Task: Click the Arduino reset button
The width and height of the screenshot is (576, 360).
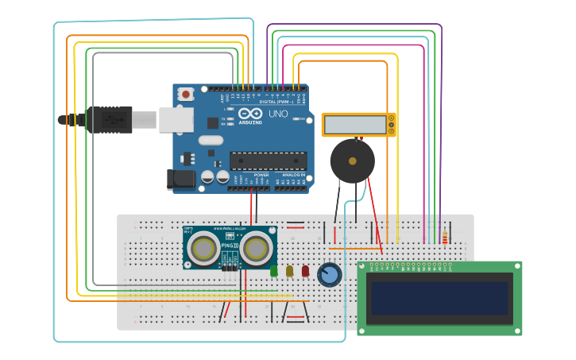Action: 186,95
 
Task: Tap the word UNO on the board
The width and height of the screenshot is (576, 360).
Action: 278,114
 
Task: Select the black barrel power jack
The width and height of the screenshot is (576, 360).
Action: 181,180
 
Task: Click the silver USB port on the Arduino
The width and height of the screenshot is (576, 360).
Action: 176,119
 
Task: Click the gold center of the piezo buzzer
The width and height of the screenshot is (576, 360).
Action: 352,161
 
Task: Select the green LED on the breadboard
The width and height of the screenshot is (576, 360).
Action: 274,271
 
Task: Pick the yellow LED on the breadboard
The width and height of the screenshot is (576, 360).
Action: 289,271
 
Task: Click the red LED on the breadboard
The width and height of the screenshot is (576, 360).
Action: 305,271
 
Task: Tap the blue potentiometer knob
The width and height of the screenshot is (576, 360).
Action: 329,275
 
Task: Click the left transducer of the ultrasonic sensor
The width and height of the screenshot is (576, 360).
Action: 203,249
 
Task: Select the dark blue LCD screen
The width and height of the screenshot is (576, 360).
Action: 439,298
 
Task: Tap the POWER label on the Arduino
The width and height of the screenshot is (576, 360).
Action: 261,174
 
